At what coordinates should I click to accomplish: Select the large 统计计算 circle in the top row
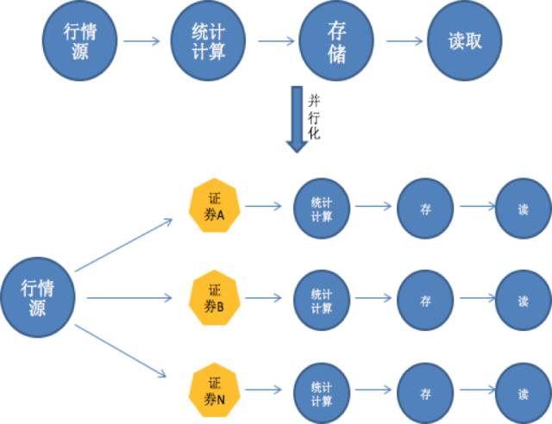206,41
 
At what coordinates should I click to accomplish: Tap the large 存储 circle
337,41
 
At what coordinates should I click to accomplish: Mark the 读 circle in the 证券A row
523,207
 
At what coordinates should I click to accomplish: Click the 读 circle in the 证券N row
523,394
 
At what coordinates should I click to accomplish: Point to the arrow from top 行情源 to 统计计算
142,41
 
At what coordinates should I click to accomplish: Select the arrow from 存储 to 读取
402,41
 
